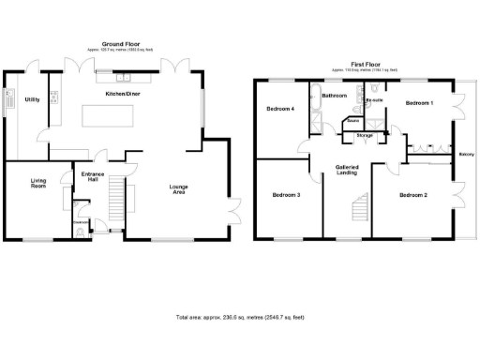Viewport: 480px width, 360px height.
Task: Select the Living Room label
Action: tap(38, 185)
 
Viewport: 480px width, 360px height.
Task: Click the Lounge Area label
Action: tap(178, 189)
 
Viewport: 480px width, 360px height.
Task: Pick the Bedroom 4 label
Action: tap(280, 109)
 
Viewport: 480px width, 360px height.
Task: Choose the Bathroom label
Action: tap(335, 96)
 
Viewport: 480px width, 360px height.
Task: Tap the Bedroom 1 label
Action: tap(419, 102)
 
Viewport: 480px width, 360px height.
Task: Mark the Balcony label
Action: tap(465, 155)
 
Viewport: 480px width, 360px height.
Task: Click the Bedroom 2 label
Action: tap(412, 195)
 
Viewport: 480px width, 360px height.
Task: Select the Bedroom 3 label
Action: tap(286, 195)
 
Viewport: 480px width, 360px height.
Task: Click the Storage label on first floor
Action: tap(364, 135)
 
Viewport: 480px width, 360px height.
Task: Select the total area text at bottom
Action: tap(239, 317)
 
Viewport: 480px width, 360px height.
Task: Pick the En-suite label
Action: tap(374, 99)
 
